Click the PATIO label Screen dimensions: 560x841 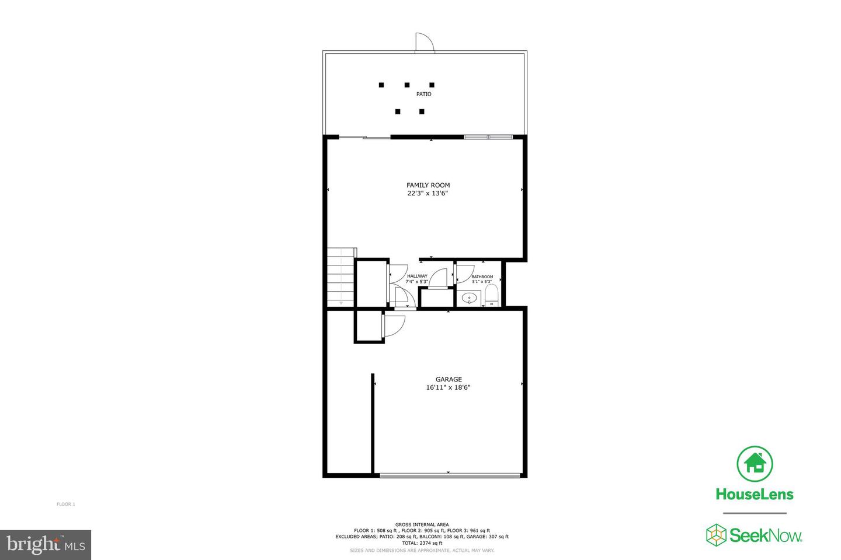coord(423,94)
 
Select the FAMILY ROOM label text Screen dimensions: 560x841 coord(428,185)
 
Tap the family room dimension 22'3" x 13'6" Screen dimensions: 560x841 coord(428,194)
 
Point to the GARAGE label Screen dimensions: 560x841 coord(449,379)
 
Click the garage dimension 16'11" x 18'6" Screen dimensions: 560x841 coord(449,387)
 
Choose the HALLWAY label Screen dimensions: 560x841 coord(417,276)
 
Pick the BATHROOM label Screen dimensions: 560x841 coord(482,276)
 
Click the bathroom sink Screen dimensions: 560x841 coord(469,299)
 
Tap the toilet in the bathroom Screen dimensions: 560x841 coord(491,295)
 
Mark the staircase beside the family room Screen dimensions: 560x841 coord(341,276)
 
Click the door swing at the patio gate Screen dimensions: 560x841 coord(423,43)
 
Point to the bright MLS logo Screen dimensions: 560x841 coord(45,545)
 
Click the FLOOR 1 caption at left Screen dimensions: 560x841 coord(66,504)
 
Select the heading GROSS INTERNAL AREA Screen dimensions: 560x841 coord(422,524)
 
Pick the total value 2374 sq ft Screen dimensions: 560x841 coord(422,543)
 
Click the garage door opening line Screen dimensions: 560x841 coord(449,476)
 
